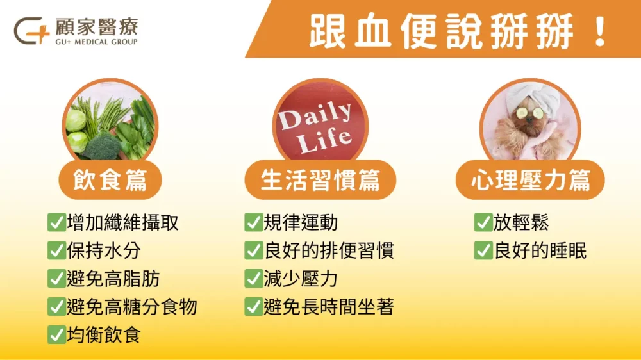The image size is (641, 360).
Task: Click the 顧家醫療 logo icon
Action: tap(31, 30)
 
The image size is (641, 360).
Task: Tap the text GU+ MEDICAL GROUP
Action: tap(96, 42)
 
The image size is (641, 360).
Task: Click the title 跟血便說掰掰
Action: tap(442, 29)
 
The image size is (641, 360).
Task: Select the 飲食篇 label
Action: tap(110, 180)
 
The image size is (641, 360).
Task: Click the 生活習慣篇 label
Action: tap(320, 180)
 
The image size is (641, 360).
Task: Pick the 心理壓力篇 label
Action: tap(530, 180)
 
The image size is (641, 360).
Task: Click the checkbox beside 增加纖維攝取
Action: tap(56, 223)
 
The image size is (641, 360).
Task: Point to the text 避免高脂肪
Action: tap(113, 279)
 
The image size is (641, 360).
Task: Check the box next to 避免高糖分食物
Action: tap(56, 307)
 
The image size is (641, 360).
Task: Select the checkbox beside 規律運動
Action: tap(253, 223)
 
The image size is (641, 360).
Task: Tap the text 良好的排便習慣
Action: tap(329, 250)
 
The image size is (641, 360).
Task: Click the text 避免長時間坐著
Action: tap(329, 307)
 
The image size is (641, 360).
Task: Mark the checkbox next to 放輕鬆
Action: tap(483, 223)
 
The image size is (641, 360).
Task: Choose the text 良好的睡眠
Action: tap(540, 250)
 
